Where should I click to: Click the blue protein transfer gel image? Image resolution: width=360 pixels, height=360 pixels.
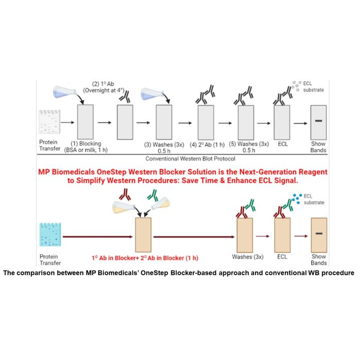50,235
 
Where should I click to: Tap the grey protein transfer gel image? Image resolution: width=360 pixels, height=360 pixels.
49,122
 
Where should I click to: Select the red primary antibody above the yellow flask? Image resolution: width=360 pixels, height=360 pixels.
124,194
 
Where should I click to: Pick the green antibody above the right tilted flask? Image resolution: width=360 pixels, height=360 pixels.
153,195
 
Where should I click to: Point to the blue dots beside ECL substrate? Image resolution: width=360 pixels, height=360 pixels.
297,199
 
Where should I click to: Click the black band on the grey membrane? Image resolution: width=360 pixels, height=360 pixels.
318,121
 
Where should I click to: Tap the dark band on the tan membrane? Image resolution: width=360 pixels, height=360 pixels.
319,233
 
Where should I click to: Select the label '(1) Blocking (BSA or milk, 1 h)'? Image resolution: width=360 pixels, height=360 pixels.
86,147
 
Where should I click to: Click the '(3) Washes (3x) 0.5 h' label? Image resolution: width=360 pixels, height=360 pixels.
164,148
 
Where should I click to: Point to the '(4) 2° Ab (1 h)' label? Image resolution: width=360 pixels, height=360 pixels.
207,145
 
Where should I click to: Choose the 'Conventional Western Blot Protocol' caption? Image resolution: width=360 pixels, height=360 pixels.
190,158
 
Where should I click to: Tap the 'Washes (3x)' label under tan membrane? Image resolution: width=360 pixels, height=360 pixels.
248,257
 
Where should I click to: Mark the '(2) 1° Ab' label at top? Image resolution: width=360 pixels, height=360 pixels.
103,84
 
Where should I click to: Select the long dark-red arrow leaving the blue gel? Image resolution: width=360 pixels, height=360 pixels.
98,237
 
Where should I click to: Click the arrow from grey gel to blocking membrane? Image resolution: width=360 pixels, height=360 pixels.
67,122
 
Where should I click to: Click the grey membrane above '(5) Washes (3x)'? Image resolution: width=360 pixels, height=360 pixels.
246,122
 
